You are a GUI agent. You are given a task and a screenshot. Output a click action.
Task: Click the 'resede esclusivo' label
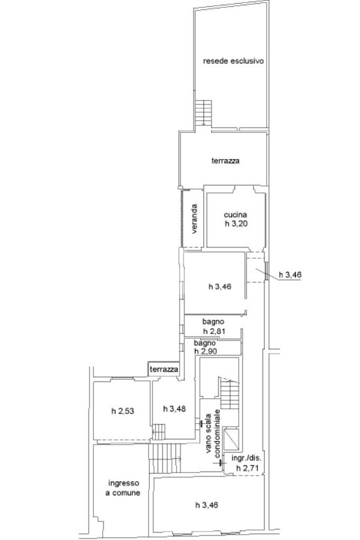pyautogui.click(x=233, y=61)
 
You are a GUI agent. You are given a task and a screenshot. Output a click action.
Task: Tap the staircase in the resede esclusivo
pyautogui.click(x=203, y=113)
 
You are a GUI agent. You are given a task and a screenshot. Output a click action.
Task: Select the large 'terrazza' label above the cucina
pyautogui.click(x=225, y=161)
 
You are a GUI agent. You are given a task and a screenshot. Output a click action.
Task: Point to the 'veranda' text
pyautogui.click(x=194, y=219)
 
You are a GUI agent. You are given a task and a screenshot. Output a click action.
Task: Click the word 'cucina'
pyautogui.click(x=235, y=214)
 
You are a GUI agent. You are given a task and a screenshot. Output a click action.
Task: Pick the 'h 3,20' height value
pyautogui.click(x=236, y=223)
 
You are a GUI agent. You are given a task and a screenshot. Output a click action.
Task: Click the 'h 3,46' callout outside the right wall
pyautogui.click(x=290, y=274)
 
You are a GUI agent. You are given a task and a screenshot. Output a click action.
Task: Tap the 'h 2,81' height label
pyautogui.click(x=213, y=331)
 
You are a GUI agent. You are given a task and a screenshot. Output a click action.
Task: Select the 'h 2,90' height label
pyautogui.click(x=206, y=351)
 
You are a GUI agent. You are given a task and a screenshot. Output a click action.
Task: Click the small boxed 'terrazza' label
pyautogui.click(x=163, y=369)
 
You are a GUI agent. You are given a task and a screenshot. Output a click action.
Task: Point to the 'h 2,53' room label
pyautogui.click(x=123, y=411)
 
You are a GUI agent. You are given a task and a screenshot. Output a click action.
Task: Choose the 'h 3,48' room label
pyautogui.click(x=174, y=409)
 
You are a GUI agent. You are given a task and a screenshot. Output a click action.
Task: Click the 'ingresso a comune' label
pyautogui.click(x=123, y=488)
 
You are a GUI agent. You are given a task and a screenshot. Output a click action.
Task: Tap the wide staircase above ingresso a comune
pyautogui.click(x=164, y=458)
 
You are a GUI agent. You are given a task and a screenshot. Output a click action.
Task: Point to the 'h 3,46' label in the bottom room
pyautogui.click(x=207, y=505)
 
